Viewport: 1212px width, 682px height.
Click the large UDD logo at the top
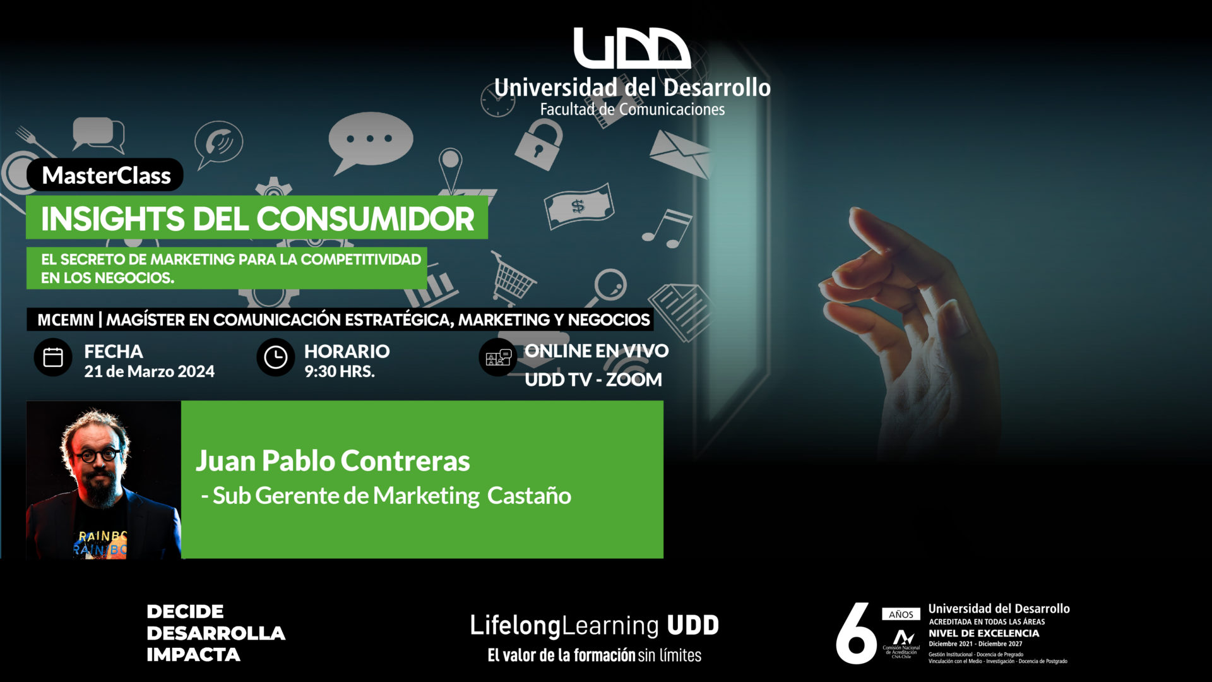pyautogui.click(x=632, y=48)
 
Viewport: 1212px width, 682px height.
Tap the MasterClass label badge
pyautogui.click(x=105, y=175)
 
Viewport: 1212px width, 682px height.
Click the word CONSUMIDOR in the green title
pyautogui.click(x=365, y=218)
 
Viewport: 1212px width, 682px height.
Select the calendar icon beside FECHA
pyautogui.click(x=53, y=357)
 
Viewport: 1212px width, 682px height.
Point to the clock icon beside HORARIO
pyautogui.click(x=275, y=357)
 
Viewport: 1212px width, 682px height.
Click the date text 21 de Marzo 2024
pyautogui.click(x=150, y=371)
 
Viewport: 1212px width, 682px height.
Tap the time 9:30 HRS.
pyautogui.click(x=340, y=371)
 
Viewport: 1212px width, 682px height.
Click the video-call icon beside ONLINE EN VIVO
pyautogui.click(x=498, y=357)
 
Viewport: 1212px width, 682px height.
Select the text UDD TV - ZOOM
pyautogui.click(x=593, y=380)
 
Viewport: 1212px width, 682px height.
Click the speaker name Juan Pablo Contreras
pyautogui.click(x=333, y=460)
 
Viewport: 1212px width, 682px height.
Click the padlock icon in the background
pyautogui.click(x=538, y=145)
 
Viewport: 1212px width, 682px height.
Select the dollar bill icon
pyautogui.click(x=579, y=206)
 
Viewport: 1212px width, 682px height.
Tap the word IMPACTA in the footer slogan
pyautogui.click(x=193, y=654)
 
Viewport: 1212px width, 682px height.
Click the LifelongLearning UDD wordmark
pyautogui.click(x=594, y=625)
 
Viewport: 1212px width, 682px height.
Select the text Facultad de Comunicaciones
pyautogui.click(x=632, y=109)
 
